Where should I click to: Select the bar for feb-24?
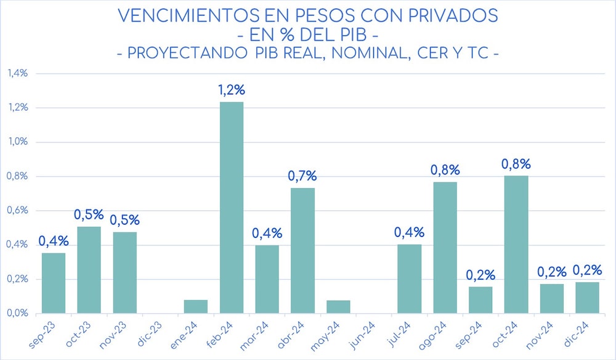click(x=231, y=207)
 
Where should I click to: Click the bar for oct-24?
click(x=516, y=244)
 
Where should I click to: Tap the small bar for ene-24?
click(x=196, y=306)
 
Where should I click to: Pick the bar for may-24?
click(x=338, y=306)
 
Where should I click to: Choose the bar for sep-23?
click(x=54, y=283)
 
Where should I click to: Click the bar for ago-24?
click(x=445, y=247)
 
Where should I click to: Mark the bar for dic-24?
click(x=587, y=297)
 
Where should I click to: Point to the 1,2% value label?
click(x=232, y=90)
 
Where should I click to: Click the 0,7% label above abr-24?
click(x=302, y=176)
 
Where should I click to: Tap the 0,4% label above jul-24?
click(x=410, y=233)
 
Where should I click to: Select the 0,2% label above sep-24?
click(x=480, y=275)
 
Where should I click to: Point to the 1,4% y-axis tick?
click(x=17, y=73)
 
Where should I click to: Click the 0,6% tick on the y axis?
click(x=17, y=210)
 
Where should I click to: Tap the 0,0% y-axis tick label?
click(x=17, y=313)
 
